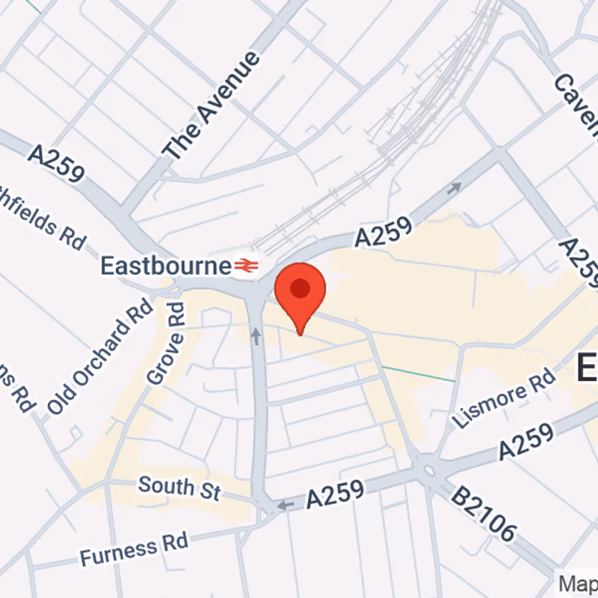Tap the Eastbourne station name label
tap(166, 265)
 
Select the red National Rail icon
tap(245, 265)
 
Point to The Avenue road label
tap(212, 105)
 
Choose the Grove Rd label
tap(166, 344)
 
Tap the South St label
tap(179, 487)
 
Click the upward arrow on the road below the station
tap(256, 336)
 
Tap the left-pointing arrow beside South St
tap(286, 506)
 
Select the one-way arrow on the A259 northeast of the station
tap(454, 188)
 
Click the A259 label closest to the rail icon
tap(383, 232)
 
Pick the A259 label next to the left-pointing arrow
tap(334, 495)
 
